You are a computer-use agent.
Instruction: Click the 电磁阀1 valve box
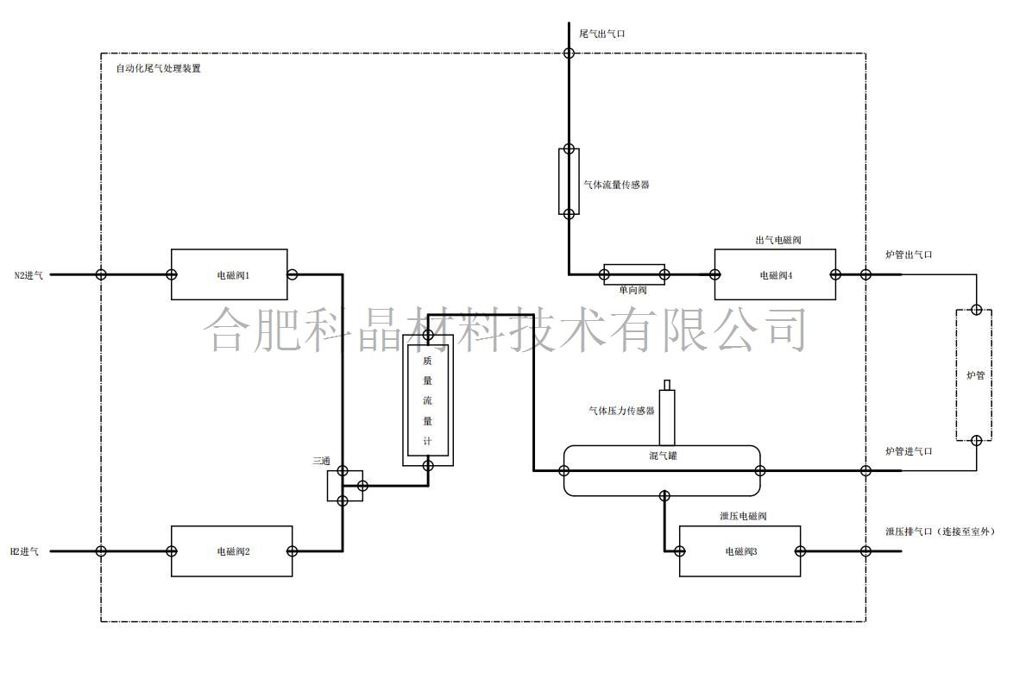(x=229, y=274)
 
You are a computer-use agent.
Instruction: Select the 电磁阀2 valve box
(x=231, y=550)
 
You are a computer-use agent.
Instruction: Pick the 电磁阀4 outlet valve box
(x=775, y=274)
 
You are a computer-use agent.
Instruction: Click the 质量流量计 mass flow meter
(x=427, y=404)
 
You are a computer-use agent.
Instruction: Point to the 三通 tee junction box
(x=344, y=486)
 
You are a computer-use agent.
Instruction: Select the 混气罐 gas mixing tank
(x=662, y=470)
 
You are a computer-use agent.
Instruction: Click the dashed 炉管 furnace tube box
(x=974, y=375)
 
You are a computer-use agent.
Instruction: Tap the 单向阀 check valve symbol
(x=634, y=274)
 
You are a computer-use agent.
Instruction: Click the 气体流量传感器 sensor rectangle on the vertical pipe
(x=569, y=180)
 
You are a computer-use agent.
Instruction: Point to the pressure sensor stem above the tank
(x=666, y=414)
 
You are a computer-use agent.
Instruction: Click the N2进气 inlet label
(x=28, y=275)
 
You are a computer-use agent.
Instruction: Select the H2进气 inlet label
(x=24, y=551)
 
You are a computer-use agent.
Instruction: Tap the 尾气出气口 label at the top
(x=602, y=34)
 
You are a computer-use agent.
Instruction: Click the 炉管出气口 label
(x=909, y=255)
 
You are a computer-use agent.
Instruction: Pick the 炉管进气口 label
(x=909, y=451)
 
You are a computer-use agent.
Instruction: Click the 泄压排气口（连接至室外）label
(x=940, y=531)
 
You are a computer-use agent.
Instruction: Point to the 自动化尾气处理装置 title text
(x=158, y=68)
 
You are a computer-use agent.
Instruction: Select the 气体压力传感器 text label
(x=621, y=412)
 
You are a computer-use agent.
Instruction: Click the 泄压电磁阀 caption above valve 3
(x=743, y=516)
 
